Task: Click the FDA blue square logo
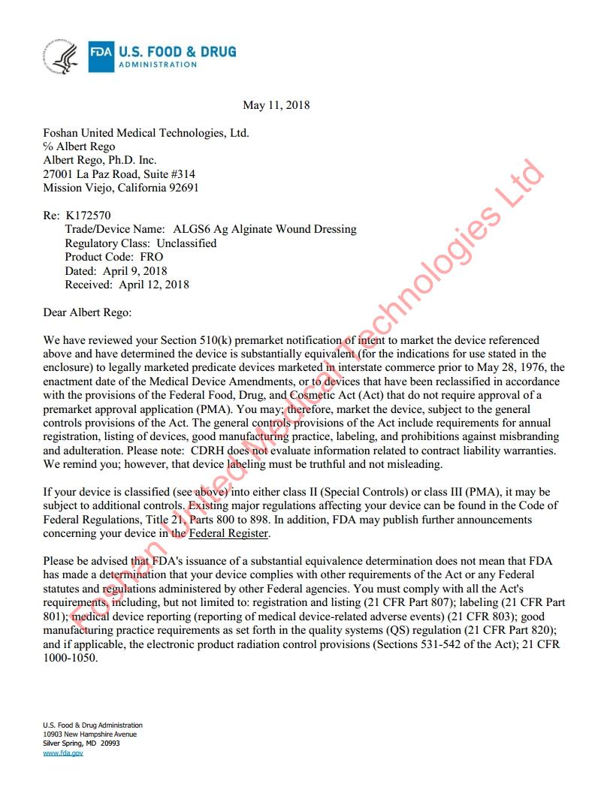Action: pyautogui.click(x=101, y=56)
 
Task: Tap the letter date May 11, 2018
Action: pyautogui.click(x=276, y=105)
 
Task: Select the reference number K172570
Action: pyautogui.click(x=89, y=216)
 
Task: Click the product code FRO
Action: pyautogui.click(x=151, y=257)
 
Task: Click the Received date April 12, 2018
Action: pyautogui.click(x=154, y=285)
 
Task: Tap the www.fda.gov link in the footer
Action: pyautogui.click(x=63, y=752)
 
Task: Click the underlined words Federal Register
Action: pyautogui.click(x=228, y=533)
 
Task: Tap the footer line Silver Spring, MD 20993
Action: pyautogui.click(x=81, y=743)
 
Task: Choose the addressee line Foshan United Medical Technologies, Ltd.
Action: pyautogui.click(x=146, y=133)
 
